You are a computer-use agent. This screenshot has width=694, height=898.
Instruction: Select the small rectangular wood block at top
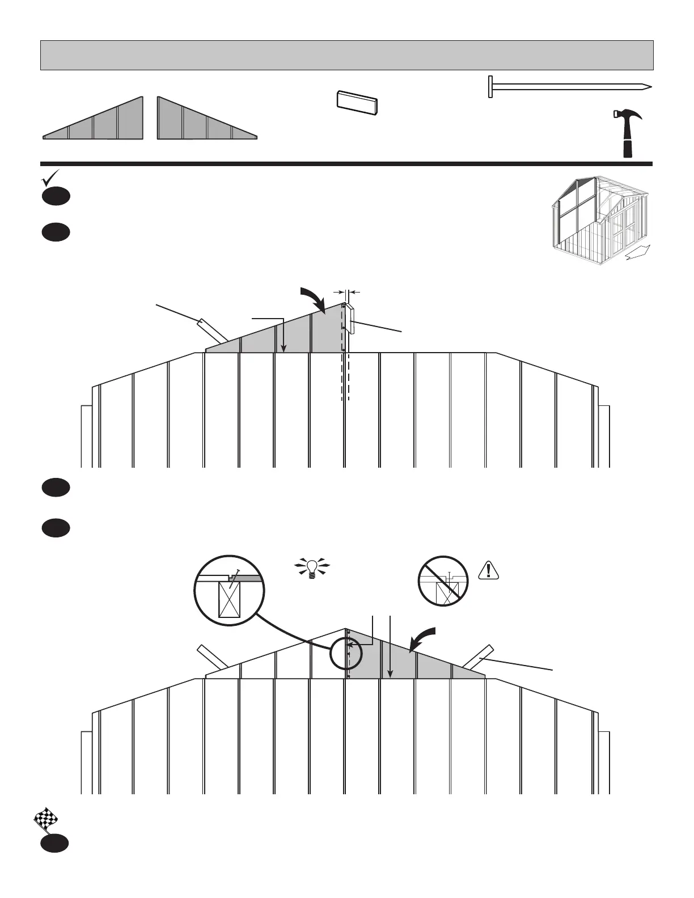(x=357, y=103)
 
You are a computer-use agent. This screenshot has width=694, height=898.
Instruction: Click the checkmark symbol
(x=50, y=178)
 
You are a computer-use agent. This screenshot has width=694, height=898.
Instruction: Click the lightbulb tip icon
(x=311, y=567)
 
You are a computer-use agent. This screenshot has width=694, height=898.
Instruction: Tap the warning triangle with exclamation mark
(x=488, y=570)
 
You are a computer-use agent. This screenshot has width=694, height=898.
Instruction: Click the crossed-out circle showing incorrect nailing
(x=443, y=581)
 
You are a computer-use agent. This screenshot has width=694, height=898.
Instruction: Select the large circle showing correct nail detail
(x=230, y=590)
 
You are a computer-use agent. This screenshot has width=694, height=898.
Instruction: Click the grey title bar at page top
(x=347, y=55)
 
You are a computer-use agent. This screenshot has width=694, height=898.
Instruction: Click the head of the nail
(x=490, y=87)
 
